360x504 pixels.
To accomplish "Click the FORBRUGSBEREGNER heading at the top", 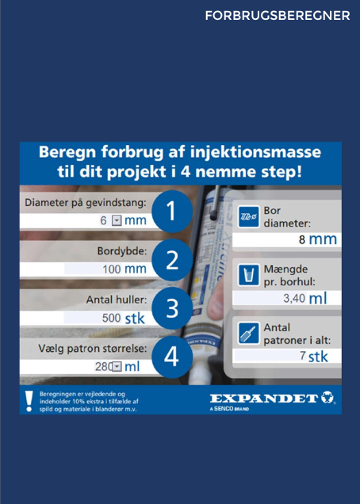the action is (278, 15).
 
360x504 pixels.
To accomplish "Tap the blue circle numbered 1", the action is (172, 211).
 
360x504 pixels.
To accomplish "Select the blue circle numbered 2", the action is (172, 260).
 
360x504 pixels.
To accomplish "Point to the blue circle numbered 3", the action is (172, 308).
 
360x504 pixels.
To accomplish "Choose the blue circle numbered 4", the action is (172, 357).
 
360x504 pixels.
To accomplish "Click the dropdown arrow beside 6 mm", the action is (117, 221).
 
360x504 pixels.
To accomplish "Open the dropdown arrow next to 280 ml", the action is (117, 366).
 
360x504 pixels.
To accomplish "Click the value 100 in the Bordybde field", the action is (112, 269).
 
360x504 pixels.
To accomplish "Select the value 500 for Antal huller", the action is (111, 318).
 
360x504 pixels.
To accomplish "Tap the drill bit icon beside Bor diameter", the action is (249, 216).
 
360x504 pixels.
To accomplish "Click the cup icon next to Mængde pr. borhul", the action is (249, 275).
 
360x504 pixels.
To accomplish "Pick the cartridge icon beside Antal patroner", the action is (249, 334).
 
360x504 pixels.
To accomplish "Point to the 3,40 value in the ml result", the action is (294, 298).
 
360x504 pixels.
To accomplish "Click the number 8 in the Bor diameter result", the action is (302, 240).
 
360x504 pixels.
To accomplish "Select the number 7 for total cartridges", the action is (303, 355).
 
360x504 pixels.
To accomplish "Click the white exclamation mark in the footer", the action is (29, 401).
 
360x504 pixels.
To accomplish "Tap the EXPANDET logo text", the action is (264, 399).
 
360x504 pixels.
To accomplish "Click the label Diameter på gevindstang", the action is (86, 203).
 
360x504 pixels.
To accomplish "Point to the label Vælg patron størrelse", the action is (93, 349).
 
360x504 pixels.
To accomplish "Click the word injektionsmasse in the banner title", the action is (256, 151).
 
